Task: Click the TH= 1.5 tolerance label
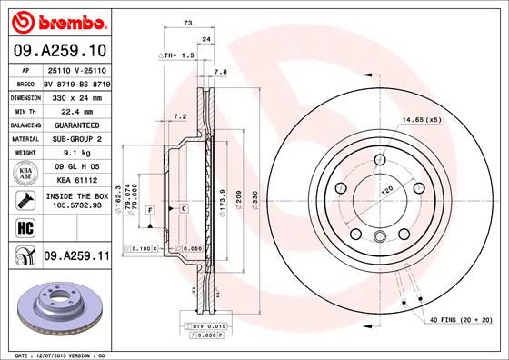[x=178, y=55]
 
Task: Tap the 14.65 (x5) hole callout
[x=424, y=119]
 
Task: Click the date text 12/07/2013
[x=56, y=354]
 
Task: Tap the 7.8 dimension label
[x=219, y=70]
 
